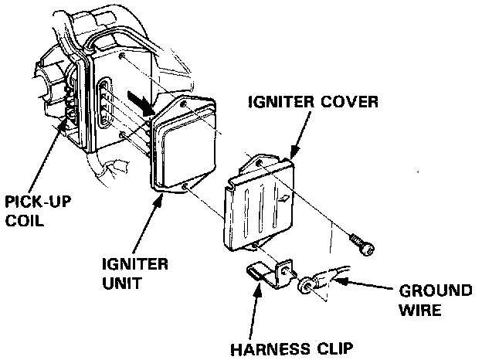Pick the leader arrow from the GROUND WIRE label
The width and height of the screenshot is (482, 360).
click(x=364, y=288)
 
